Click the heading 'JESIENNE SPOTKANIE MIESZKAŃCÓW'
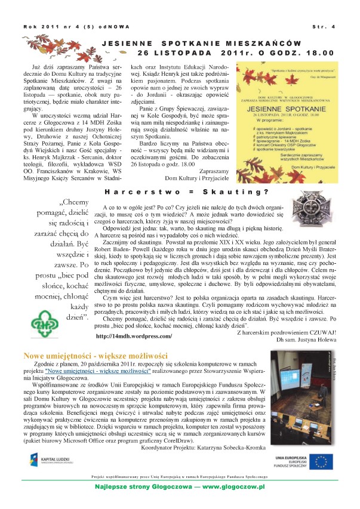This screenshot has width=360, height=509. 201,44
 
